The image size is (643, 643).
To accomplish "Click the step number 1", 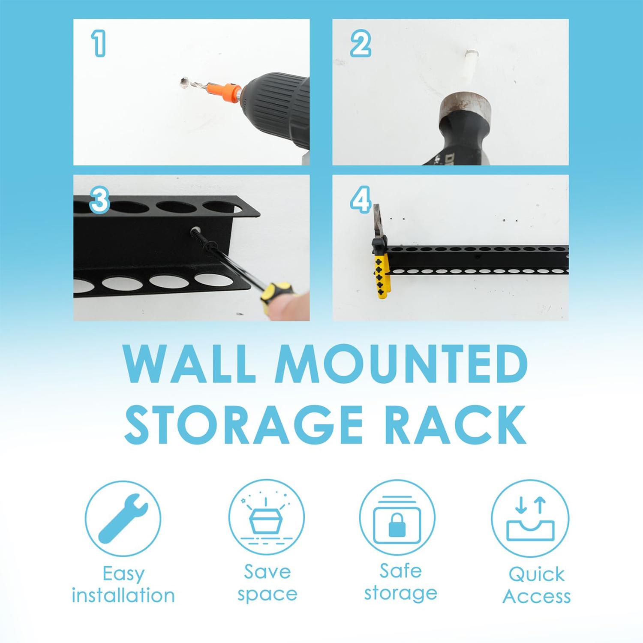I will pyautogui.click(x=99, y=44).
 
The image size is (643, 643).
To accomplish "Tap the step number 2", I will pyautogui.click(x=360, y=45).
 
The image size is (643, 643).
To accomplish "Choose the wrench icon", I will pyautogui.click(x=123, y=518).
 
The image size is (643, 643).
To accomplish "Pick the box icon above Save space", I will pyautogui.click(x=266, y=520).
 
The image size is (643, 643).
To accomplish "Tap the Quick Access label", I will pyautogui.click(x=536, y=585).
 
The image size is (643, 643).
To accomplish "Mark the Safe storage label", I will pyautogui.click(x=400, y=582).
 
